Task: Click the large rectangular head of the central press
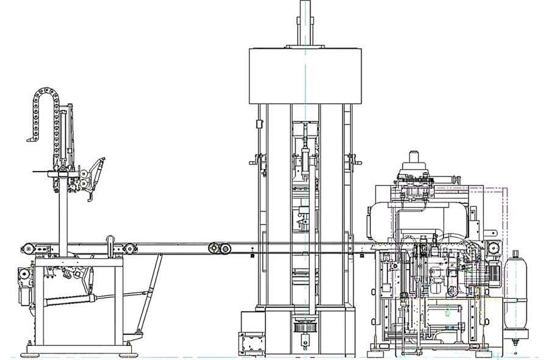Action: tap(304, 76)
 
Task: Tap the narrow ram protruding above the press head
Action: tap(305, 21)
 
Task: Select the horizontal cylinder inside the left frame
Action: tap(73, 300)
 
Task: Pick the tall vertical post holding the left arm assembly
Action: tap(63, 214)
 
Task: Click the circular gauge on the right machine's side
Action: tap(494, 248)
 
